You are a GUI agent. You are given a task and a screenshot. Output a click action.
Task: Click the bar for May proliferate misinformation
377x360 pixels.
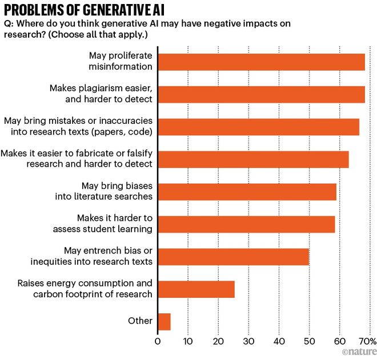[261, 62]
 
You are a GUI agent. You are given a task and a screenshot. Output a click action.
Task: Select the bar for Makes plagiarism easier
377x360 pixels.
[261, 94]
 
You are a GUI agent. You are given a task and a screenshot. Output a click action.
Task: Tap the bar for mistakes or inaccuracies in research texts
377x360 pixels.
[258, 127]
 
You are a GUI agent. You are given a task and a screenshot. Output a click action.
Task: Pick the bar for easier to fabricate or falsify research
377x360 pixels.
[253, 159]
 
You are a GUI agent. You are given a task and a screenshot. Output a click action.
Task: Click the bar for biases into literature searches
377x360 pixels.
[247, 192]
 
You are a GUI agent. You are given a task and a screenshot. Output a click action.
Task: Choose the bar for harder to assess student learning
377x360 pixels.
[246, 224]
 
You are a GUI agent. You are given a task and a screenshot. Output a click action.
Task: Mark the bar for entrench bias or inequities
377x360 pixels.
[233, 257]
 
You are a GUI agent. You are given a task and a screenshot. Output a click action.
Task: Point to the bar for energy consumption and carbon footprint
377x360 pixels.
[196, 289]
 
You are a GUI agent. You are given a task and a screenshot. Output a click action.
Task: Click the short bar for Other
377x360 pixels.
[164, 322]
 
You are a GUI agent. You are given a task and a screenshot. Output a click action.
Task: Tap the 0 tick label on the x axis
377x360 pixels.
[158, 342]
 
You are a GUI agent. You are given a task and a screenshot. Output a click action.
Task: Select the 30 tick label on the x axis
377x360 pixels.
[248, 342]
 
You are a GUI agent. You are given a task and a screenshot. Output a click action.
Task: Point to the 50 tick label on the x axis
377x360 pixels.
[309, 342]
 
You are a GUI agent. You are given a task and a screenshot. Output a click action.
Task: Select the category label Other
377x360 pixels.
[140, 321]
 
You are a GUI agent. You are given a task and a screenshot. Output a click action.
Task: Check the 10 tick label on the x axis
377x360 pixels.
[188, 342]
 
